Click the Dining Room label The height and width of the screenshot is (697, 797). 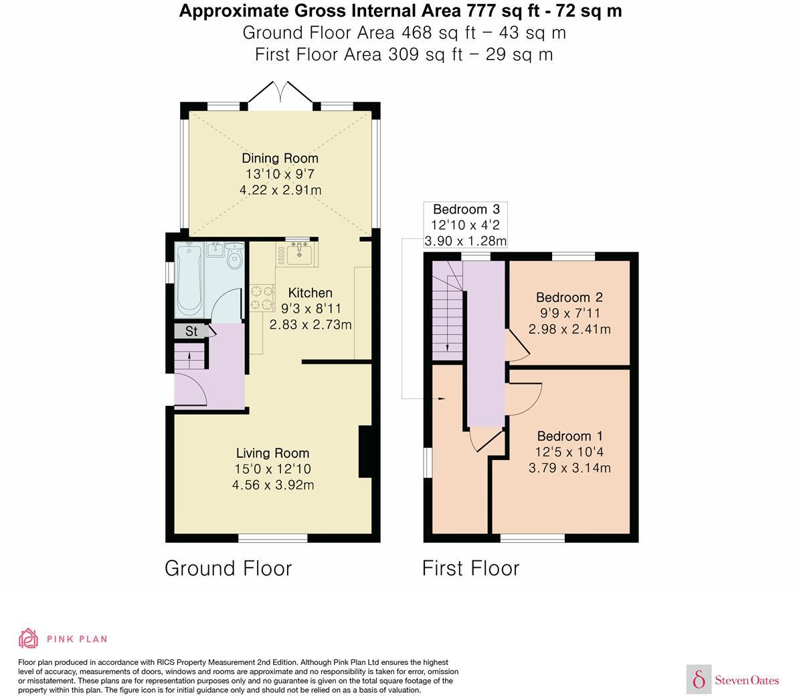click(280, 158)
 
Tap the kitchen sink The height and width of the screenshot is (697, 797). click(300, 253)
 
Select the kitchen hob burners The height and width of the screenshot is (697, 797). click(262, 297)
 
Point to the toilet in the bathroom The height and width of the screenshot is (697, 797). click(234, 257)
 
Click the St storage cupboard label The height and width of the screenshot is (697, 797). click(191, 331)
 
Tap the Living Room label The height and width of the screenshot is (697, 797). click(272, 453)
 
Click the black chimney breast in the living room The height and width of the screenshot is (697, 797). click(365, 451)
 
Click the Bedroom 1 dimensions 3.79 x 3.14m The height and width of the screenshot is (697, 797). click(569, 468)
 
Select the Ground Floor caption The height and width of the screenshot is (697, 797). click(228, 568)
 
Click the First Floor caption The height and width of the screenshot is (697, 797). click(470, 568)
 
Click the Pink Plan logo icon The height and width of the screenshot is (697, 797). click(29, 639)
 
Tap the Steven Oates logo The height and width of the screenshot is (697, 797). click(733, 679)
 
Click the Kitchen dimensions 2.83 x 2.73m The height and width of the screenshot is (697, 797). click(310, 324)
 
